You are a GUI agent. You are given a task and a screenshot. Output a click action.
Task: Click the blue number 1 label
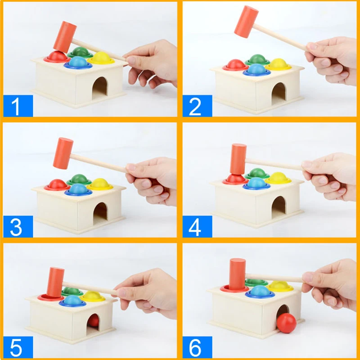coord(18,106)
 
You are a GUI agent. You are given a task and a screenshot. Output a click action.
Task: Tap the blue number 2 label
coord(197,106)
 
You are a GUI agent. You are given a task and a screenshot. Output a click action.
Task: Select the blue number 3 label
coord(18,226)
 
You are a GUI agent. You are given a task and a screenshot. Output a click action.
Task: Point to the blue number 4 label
coord(197,226)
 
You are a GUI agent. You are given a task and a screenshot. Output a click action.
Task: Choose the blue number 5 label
coord(18,347)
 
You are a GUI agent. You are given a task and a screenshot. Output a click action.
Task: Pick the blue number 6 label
coord(197,347)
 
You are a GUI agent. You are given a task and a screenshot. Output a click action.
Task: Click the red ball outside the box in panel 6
coord(287,323)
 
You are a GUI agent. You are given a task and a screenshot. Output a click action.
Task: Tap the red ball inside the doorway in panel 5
coord(94,320)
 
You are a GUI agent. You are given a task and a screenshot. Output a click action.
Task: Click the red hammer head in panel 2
coord(246,22)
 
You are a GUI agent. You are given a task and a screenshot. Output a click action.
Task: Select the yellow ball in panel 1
coord(101,57)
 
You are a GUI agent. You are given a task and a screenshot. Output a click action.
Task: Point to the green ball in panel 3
coord(79,179)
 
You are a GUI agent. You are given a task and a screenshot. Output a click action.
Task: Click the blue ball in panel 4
coord(256,183)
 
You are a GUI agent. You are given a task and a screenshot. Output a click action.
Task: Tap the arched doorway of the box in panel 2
coord(278,94)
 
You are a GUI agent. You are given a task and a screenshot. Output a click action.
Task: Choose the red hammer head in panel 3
coord(63,153)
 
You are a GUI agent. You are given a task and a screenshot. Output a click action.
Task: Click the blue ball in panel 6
coord(260,291)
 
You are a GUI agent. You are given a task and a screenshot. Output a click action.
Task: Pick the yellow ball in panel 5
coord(93,296)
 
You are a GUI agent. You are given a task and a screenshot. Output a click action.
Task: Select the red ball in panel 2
coord(235,64)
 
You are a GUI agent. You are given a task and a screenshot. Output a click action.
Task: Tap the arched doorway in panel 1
coord(99,88)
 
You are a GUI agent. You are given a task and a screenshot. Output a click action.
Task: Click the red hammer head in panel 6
coord(238,274)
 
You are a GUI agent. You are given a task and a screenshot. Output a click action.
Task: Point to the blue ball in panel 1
coord(78,62)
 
